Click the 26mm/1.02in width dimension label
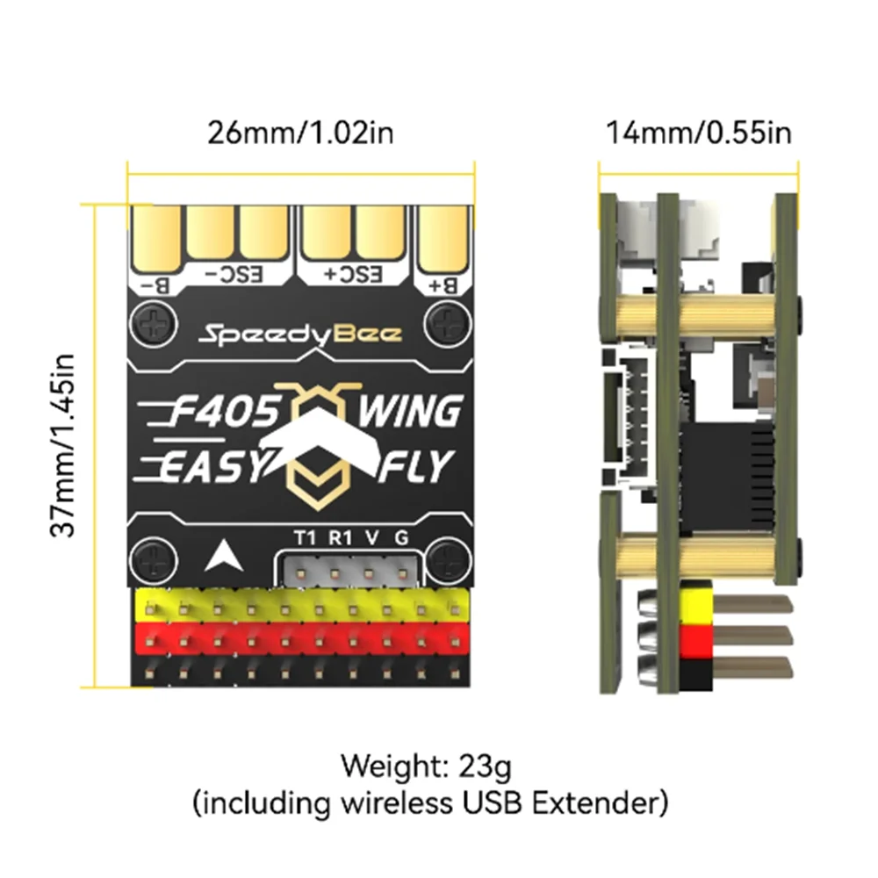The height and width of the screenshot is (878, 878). coord(300,133)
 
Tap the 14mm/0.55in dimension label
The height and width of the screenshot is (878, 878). coord(698,133)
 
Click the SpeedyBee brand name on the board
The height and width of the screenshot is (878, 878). coord(300,334)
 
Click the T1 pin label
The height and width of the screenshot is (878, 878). coord(304,537)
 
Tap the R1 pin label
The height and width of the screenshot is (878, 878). coord(340,537)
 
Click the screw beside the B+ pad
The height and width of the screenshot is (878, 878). coord(444,326)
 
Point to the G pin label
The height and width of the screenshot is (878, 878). coord(402,537)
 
